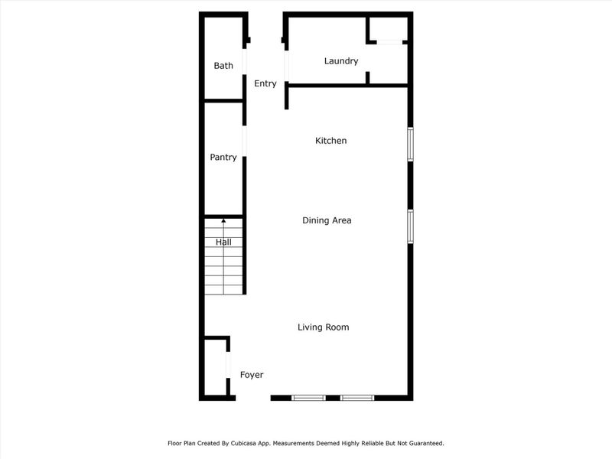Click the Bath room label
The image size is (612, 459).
[x=223, y=66]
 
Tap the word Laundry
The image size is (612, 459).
[x=341, y=61]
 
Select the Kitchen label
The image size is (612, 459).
[x=331, y=141]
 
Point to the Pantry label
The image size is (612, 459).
[x=223, y=158]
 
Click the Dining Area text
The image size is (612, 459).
[x=327, y=220]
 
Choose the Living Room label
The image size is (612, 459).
[x=323, y=327]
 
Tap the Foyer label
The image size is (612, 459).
[x=252, y=375]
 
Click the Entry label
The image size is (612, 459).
[x=265, y=84]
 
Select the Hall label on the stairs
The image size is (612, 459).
[x=223, y=243]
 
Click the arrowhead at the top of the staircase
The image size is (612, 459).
[x=223, y=221]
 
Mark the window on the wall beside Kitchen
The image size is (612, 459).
[x=410, y=144]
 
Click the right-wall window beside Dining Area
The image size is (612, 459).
[x=410, y=226]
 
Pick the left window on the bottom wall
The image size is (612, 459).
[x=308, y=398]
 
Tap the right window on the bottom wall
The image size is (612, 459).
[x=357, y=398]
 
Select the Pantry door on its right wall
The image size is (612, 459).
[x=245, y=144]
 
